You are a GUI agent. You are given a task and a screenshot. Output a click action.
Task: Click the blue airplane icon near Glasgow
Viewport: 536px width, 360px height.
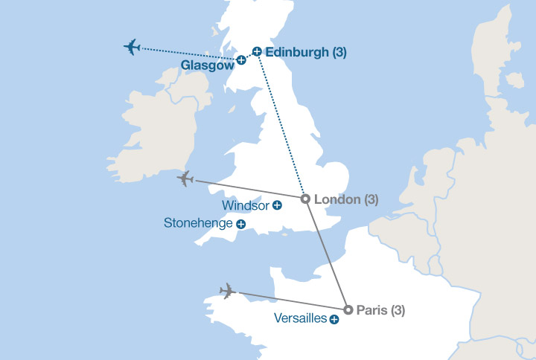click(x=133, y=48)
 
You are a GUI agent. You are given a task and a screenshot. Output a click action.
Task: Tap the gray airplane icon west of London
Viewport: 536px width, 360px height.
click(x=185, y=179)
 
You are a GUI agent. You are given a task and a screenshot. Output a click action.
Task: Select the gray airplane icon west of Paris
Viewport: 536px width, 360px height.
click(x=229, y=291)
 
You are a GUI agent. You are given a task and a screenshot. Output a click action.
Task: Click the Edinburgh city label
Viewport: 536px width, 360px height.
click(x=297, y=52)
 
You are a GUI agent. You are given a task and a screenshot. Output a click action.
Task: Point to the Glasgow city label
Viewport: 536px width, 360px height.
click(x=208, y=65)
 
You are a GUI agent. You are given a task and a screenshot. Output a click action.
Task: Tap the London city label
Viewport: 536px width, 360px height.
click(x=338, y=199)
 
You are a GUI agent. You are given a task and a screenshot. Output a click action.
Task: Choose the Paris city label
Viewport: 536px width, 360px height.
click(x=371, y=310)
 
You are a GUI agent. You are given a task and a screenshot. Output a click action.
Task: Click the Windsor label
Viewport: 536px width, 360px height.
click(x=246, y=205)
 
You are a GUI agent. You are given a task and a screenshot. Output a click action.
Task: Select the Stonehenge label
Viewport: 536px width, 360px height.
click(x=199, y=223)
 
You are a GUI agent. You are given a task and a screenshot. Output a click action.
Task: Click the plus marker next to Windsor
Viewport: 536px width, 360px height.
click(x=277, y=205)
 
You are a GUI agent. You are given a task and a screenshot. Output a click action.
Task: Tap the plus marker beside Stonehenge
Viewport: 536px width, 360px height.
click(x=240, y=224)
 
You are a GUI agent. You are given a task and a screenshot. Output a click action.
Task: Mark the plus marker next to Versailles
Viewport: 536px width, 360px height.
click(x=334, y=320)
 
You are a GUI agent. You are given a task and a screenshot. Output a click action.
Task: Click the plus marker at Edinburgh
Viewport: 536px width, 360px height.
click(x=257, y=51)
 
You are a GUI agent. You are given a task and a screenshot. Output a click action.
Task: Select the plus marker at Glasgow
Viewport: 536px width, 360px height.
click(x=241, y=60)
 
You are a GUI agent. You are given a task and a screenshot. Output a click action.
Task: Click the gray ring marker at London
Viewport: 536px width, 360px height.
click(x=304, y=199)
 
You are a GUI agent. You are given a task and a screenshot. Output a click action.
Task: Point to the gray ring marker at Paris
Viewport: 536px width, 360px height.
click(x=348, y=309)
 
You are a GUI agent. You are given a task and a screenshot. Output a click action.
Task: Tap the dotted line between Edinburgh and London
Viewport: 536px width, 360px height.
click(x=281, y=126)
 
